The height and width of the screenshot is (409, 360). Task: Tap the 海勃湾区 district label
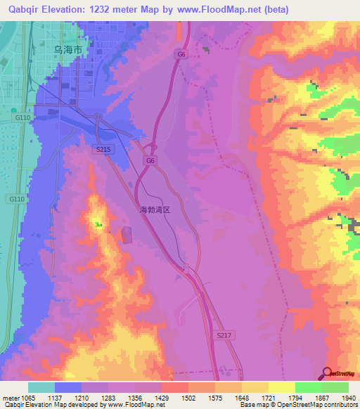[156, 210]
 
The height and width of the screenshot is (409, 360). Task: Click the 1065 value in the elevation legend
[28, 398]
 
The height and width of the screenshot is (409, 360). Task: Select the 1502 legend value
[188, 398]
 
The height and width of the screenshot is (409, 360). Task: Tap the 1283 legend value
[108, 398]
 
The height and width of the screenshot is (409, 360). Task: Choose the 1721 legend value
[269, 398]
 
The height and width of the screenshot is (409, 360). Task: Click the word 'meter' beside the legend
[11, 398]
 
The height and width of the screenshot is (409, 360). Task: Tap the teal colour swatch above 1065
[41, 387]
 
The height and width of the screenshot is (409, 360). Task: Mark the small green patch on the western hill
[98, 225]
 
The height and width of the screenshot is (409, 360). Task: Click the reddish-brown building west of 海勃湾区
[127, 235]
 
